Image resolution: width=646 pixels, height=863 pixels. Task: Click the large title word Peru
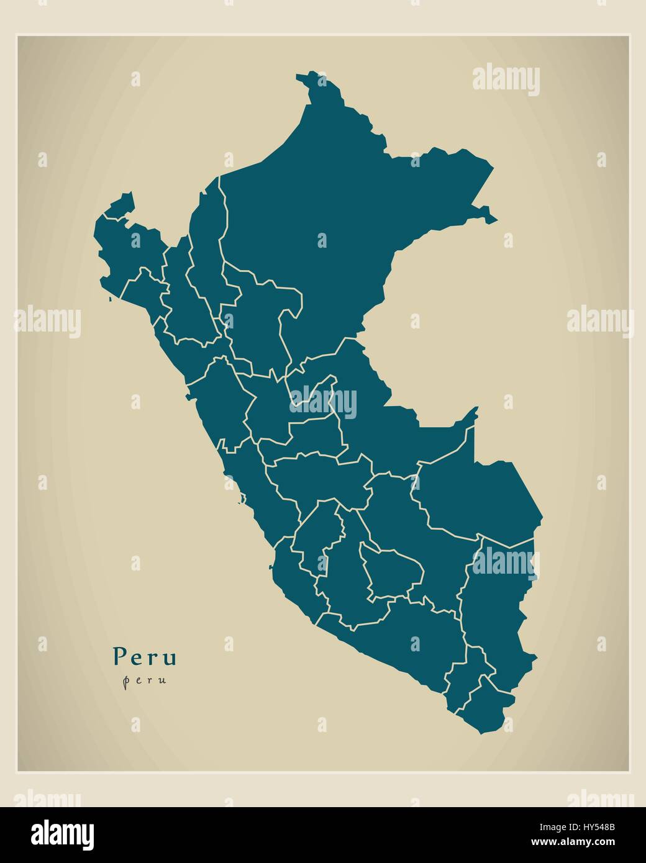pyautogui.click(x=145, y=656)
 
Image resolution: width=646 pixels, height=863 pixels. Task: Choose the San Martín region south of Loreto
pyautogui.click(x=261, y=323)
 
